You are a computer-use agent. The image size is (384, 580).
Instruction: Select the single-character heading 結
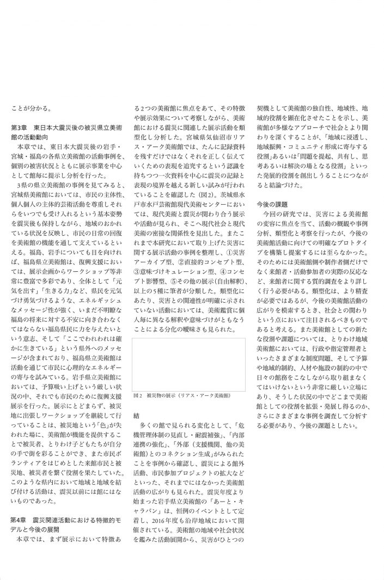pyautogui.click(x=136, y=400)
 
